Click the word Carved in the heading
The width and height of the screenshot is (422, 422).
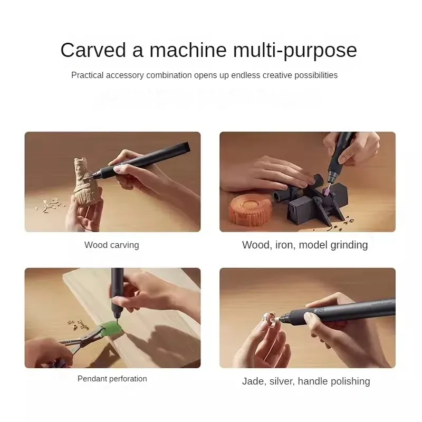[93, 50]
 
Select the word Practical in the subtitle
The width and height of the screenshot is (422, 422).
[88, 75]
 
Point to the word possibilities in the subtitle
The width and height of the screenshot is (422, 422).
[316, 75]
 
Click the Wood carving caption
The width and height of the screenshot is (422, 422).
[112, 245]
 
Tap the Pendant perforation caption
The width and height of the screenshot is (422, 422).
[112, 379]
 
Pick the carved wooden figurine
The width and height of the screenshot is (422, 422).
[85, 183]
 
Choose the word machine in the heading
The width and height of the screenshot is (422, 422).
[188, 50]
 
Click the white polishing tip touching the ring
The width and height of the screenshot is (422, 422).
[276, 320]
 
